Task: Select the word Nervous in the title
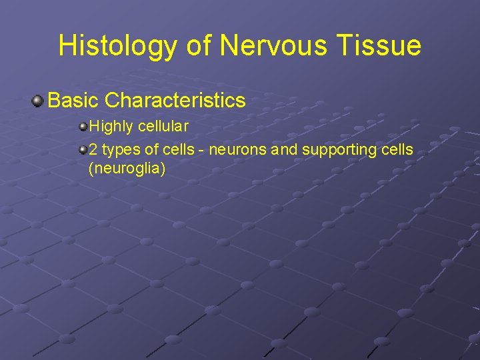click(271, 46)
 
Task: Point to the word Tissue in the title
click(381, 46)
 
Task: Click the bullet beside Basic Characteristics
click(37, 101)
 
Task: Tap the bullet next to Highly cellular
click(83, 126)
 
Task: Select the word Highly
click(111, 126)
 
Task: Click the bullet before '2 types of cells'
click(83, 150)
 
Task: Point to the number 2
click(93, 150)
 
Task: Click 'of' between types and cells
click(151, 150)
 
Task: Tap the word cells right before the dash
click(179, 150)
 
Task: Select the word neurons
click(239, 150)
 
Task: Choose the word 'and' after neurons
click(285, 150)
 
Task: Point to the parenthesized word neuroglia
click(127, 169)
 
